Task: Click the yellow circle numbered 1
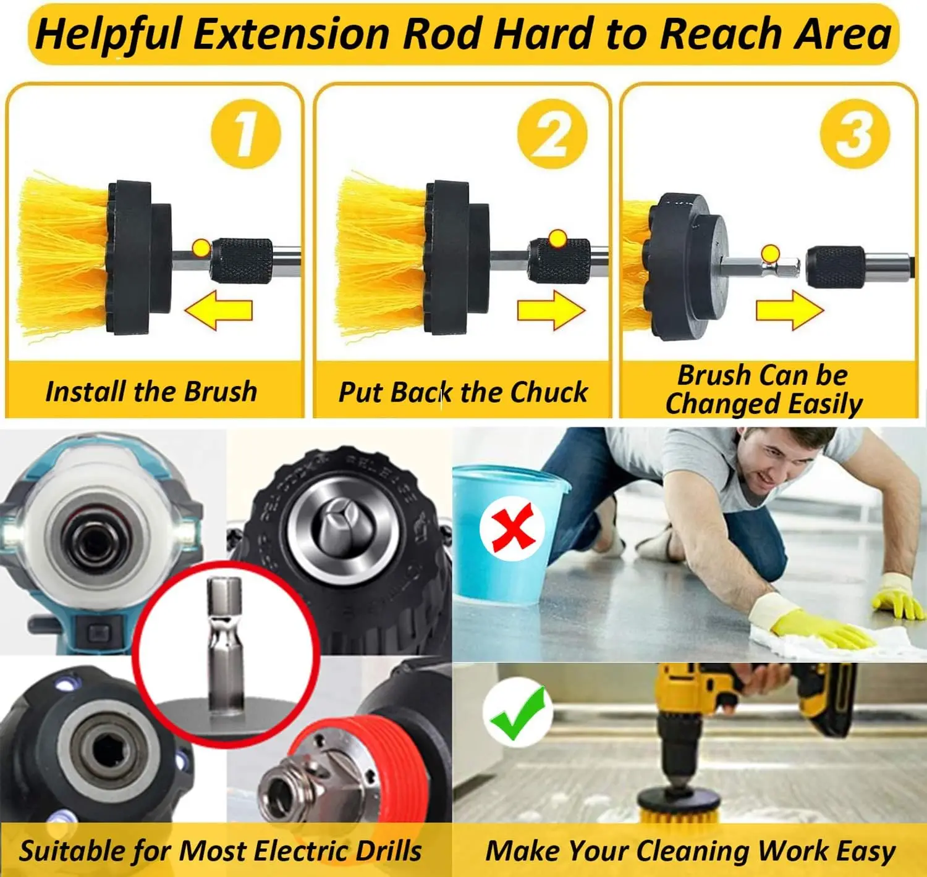point(246,134)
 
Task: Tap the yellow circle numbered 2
point(552,134)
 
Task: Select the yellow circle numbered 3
point(855,134)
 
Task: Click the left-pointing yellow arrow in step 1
point(219,309)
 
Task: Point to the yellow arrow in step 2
point(551,309)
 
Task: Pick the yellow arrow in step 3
point(790,309)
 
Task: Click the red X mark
point(512,528)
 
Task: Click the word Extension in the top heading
point(291,33)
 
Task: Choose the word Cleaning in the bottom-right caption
point(693,851)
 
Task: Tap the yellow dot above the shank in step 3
point(770,254)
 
